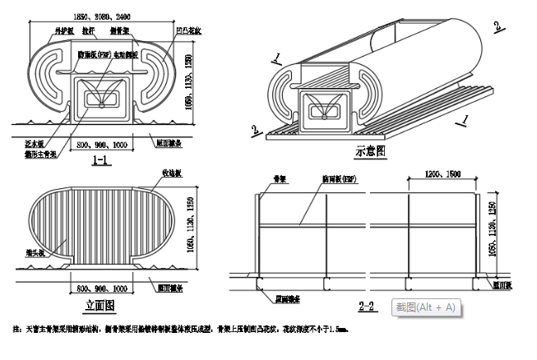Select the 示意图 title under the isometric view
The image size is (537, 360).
[371, 151]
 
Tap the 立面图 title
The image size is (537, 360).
[100, 305]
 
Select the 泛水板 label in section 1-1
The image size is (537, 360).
[34, 142]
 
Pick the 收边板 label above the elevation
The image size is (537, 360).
[171, 174]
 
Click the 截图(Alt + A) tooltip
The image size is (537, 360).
[425, 307]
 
